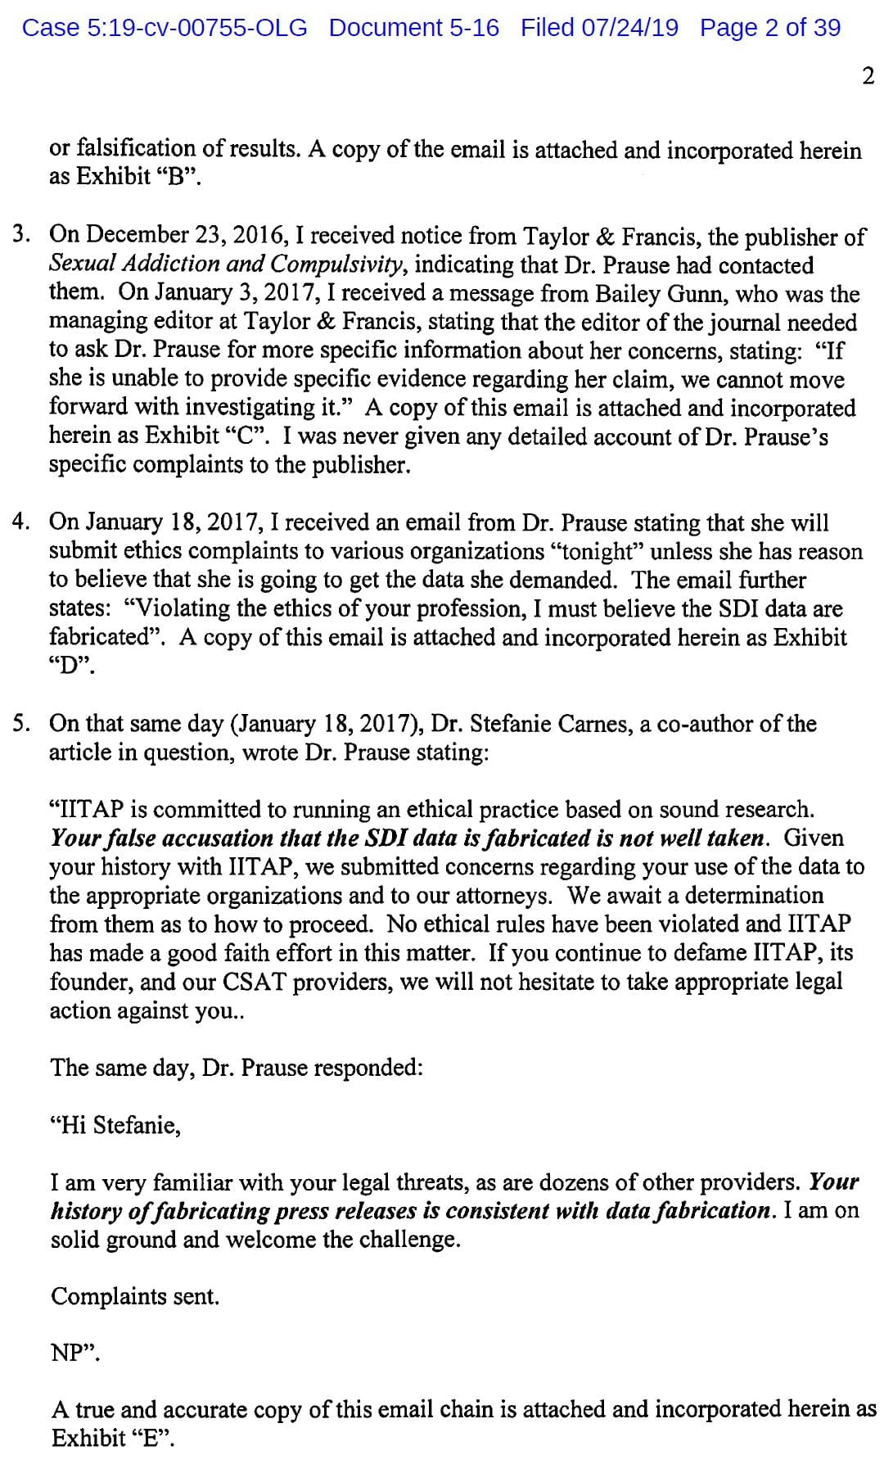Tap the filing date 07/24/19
coord(629,28)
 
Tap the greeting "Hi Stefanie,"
coord(115,1125)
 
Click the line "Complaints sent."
coord(135,1296)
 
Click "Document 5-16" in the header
coord(414,28)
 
